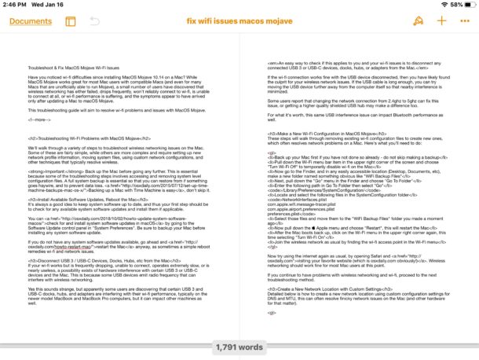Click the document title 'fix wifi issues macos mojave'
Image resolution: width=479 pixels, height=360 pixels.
point(239,21)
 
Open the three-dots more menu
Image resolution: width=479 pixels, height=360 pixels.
point(463,21)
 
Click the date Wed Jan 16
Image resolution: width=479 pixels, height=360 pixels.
point(52,5)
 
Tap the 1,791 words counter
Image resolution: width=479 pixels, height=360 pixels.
point(239,344)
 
